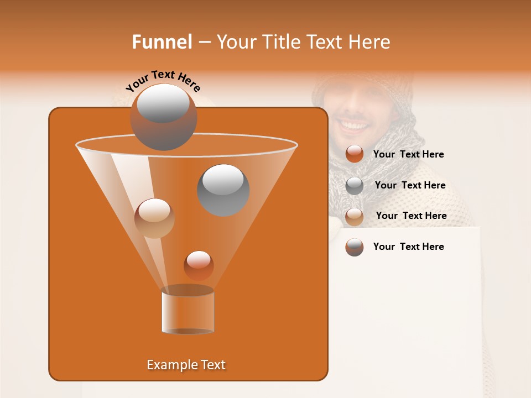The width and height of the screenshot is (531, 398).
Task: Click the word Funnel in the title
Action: point(162,42)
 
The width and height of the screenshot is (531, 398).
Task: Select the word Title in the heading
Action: point(281,42)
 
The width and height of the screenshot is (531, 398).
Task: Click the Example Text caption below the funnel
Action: point(186,365)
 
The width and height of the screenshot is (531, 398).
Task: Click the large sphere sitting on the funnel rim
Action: point(163,116)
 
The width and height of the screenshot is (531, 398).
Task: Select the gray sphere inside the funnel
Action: point(223,190)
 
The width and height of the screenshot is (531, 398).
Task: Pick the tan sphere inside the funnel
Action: point(154,218)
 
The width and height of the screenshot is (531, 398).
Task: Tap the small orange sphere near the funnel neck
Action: point(199,265)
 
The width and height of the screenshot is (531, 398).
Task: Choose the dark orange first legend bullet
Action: point(355,154)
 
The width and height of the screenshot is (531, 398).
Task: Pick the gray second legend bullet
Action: point(355,186)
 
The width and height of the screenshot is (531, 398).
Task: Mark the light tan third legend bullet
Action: point(355,217)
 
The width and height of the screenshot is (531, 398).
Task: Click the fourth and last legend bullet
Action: point(355,247)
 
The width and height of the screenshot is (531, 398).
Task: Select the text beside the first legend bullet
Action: point(408,155)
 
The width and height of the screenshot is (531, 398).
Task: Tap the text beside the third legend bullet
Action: point(411,216)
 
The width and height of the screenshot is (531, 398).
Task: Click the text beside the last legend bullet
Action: point(408,247)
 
